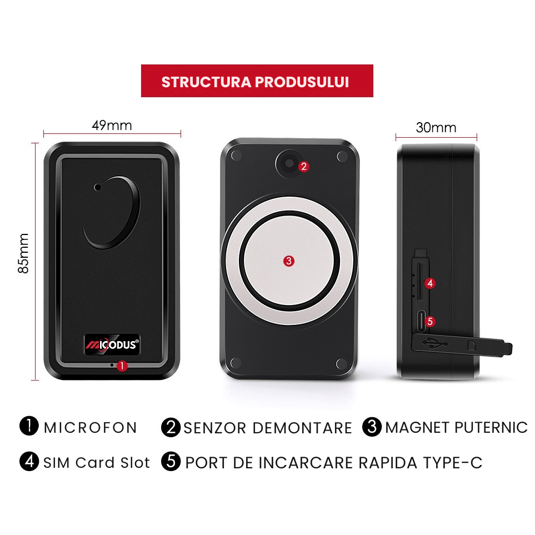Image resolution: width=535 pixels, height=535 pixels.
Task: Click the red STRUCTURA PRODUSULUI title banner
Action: point(257,81)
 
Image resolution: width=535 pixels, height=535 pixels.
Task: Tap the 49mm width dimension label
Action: point(112,125)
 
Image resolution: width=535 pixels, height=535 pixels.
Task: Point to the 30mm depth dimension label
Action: point(436,128)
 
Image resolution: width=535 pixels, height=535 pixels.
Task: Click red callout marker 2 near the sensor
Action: point(303,166)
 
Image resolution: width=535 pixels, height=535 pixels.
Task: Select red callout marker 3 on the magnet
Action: point(288,261)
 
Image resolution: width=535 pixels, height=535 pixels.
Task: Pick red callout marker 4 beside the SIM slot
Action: point(429,283)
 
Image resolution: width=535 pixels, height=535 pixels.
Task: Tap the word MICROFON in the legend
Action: point(90,428)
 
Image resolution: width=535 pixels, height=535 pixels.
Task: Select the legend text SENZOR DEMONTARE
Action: point(268,428)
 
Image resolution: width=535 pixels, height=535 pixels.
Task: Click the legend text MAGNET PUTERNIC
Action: point(456,427)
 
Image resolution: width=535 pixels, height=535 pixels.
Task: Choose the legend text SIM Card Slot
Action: point(97,462)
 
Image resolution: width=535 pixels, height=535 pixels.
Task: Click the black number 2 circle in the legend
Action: point(171,427)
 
